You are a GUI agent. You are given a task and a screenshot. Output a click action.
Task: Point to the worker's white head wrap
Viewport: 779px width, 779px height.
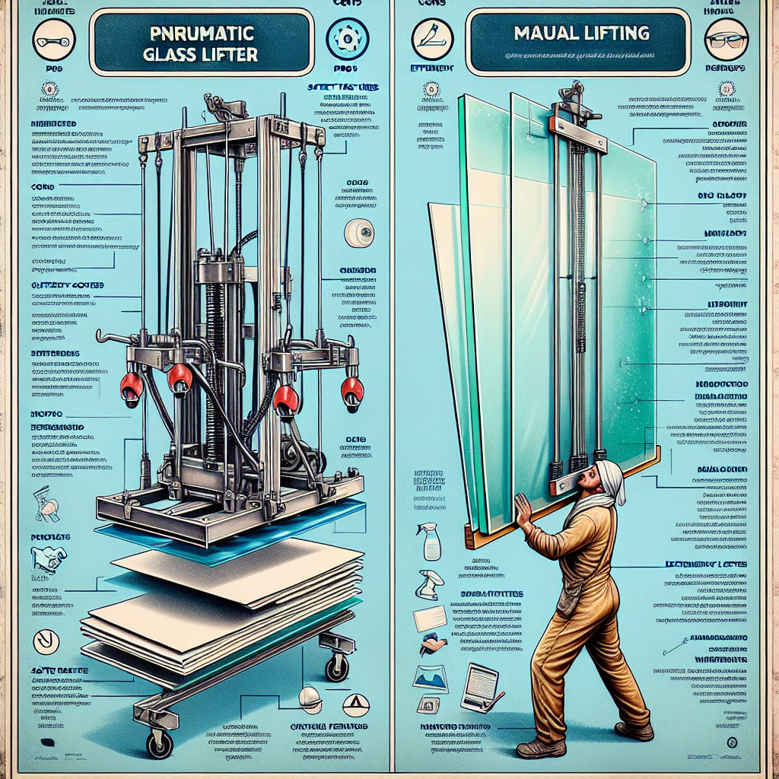[611, 480]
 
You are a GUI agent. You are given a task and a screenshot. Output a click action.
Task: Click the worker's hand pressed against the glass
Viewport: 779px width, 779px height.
[523, 509]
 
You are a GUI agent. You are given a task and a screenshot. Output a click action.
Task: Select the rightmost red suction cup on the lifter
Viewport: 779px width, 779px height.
[351, 389]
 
